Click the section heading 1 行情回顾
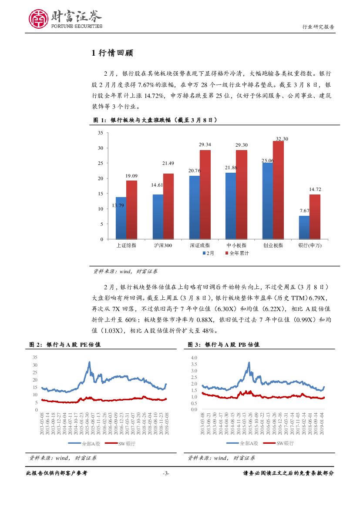[112, 54]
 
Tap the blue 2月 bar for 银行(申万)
[304, 227]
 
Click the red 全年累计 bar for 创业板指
[278, 190]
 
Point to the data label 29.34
[205, 144]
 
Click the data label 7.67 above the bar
[304, 211]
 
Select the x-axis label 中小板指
[236, 245]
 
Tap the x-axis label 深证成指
[200, 245]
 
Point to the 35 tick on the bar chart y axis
[101, 133]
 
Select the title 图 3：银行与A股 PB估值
[223, 345]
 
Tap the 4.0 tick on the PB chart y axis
[194, 358]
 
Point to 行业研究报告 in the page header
[318, 27]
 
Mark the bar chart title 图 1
[155, 120]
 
